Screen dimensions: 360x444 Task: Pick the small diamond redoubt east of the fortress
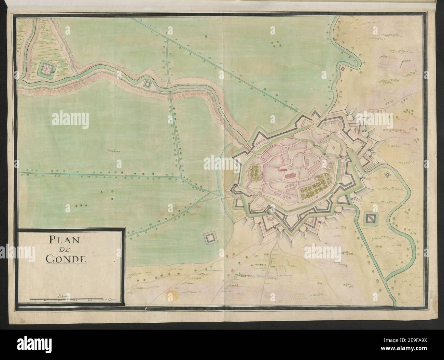(x=387, y=174)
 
